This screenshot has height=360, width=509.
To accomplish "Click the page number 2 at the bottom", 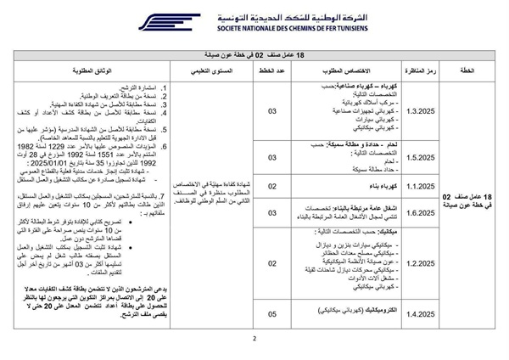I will pos(255,345).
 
